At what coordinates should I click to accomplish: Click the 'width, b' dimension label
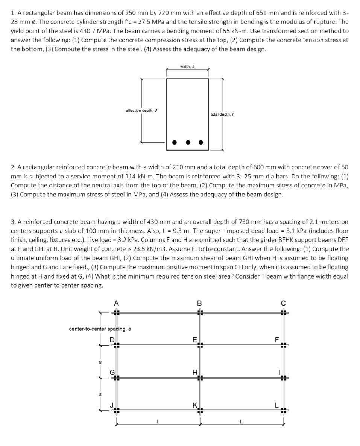(187, 67)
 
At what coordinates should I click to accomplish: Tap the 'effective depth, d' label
(141, 110)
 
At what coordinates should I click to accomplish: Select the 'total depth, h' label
(223, 114)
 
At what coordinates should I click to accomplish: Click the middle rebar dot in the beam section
(187, 142)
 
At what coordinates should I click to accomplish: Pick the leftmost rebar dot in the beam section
(174, 142)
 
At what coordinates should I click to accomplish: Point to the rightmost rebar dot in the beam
(201, 142)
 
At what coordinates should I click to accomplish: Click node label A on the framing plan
(116, 304)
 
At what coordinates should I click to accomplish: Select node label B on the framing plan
(199, 304)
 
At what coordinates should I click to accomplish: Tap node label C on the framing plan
(283, 304)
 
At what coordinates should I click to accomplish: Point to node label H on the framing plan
(194, 372)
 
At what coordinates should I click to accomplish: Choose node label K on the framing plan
(194, 405)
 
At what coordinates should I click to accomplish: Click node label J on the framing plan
(111, 405)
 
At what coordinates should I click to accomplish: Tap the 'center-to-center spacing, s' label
(100, 329)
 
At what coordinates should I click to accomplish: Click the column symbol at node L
(284, 411)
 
